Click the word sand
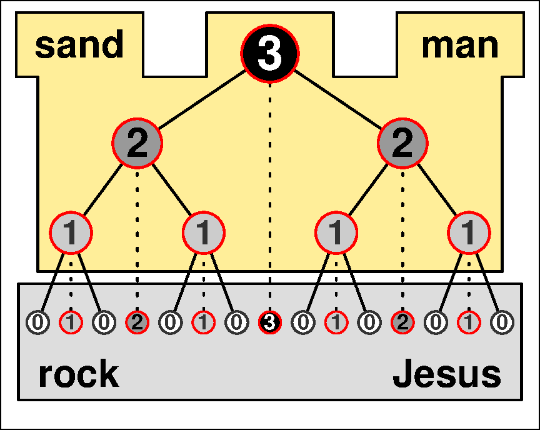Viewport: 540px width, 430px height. click(x=79, y=45)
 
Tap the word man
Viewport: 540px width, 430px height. click(x=460, y=45)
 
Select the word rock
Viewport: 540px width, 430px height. click(x=78, y=374)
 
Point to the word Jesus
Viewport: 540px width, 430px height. click(x=446, y=374)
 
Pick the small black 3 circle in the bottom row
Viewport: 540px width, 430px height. click(x=270, y=322)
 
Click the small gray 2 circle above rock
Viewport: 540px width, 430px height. click(x=137, y=322)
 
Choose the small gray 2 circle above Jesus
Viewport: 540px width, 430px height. click(x=402, y=322)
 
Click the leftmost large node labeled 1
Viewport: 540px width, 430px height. click(x=71, y=233)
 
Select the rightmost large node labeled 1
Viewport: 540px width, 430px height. click(x=469, y=233)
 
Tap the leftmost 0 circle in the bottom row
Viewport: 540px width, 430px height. click(x=37, y=322)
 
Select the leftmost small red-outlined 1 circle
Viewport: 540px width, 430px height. click(x=71, y=322)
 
